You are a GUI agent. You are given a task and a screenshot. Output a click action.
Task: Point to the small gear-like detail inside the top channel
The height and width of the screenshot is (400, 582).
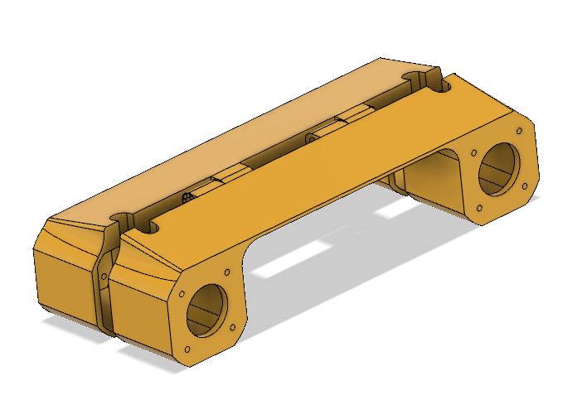coord(188,197)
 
